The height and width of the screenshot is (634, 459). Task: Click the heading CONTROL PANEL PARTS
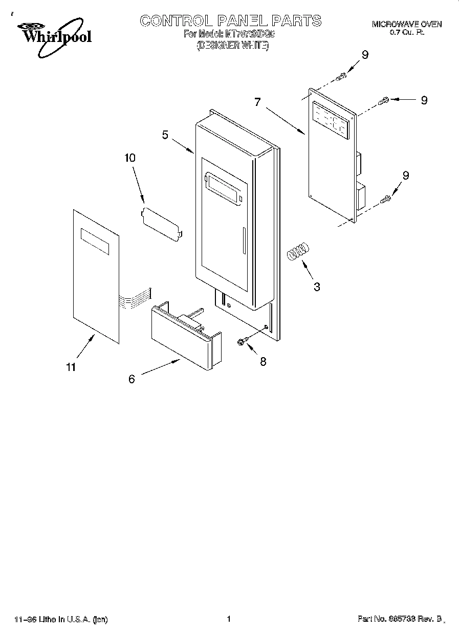click(230, 20)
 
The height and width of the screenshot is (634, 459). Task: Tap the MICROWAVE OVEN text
click(406, 24)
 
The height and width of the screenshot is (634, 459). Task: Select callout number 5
click(165, 135)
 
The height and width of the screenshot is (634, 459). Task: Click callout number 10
click(130, 158)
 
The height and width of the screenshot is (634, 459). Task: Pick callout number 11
click(71, 366)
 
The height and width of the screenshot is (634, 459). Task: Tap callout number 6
click(132, 379)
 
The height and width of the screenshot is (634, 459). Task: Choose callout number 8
click(263, 361)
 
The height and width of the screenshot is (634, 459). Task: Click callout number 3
click(317, 287)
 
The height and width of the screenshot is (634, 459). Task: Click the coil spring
click(298, 251)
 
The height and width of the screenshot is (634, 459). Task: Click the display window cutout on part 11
click(94, 242)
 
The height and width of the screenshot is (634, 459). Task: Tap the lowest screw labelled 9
click(387, 197)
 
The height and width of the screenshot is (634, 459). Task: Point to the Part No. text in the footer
click(400, 619)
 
